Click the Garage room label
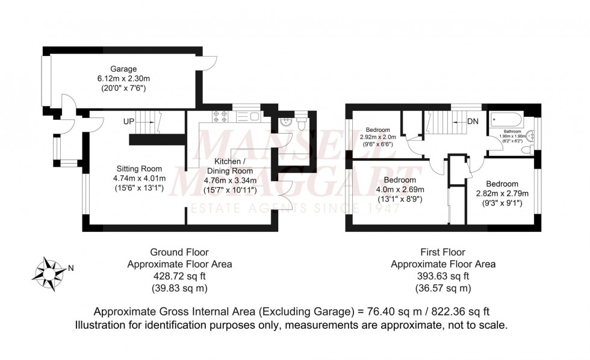coord(123,69)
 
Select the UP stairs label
coord(128,122)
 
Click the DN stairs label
coord(473,122)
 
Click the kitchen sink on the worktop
coord(249,117)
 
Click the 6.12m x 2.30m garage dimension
coord(123,78)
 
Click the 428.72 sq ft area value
coord(179,276)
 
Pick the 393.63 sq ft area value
coord(443,276)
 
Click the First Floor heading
coord(443,252)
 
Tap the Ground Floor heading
coord(179,252)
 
